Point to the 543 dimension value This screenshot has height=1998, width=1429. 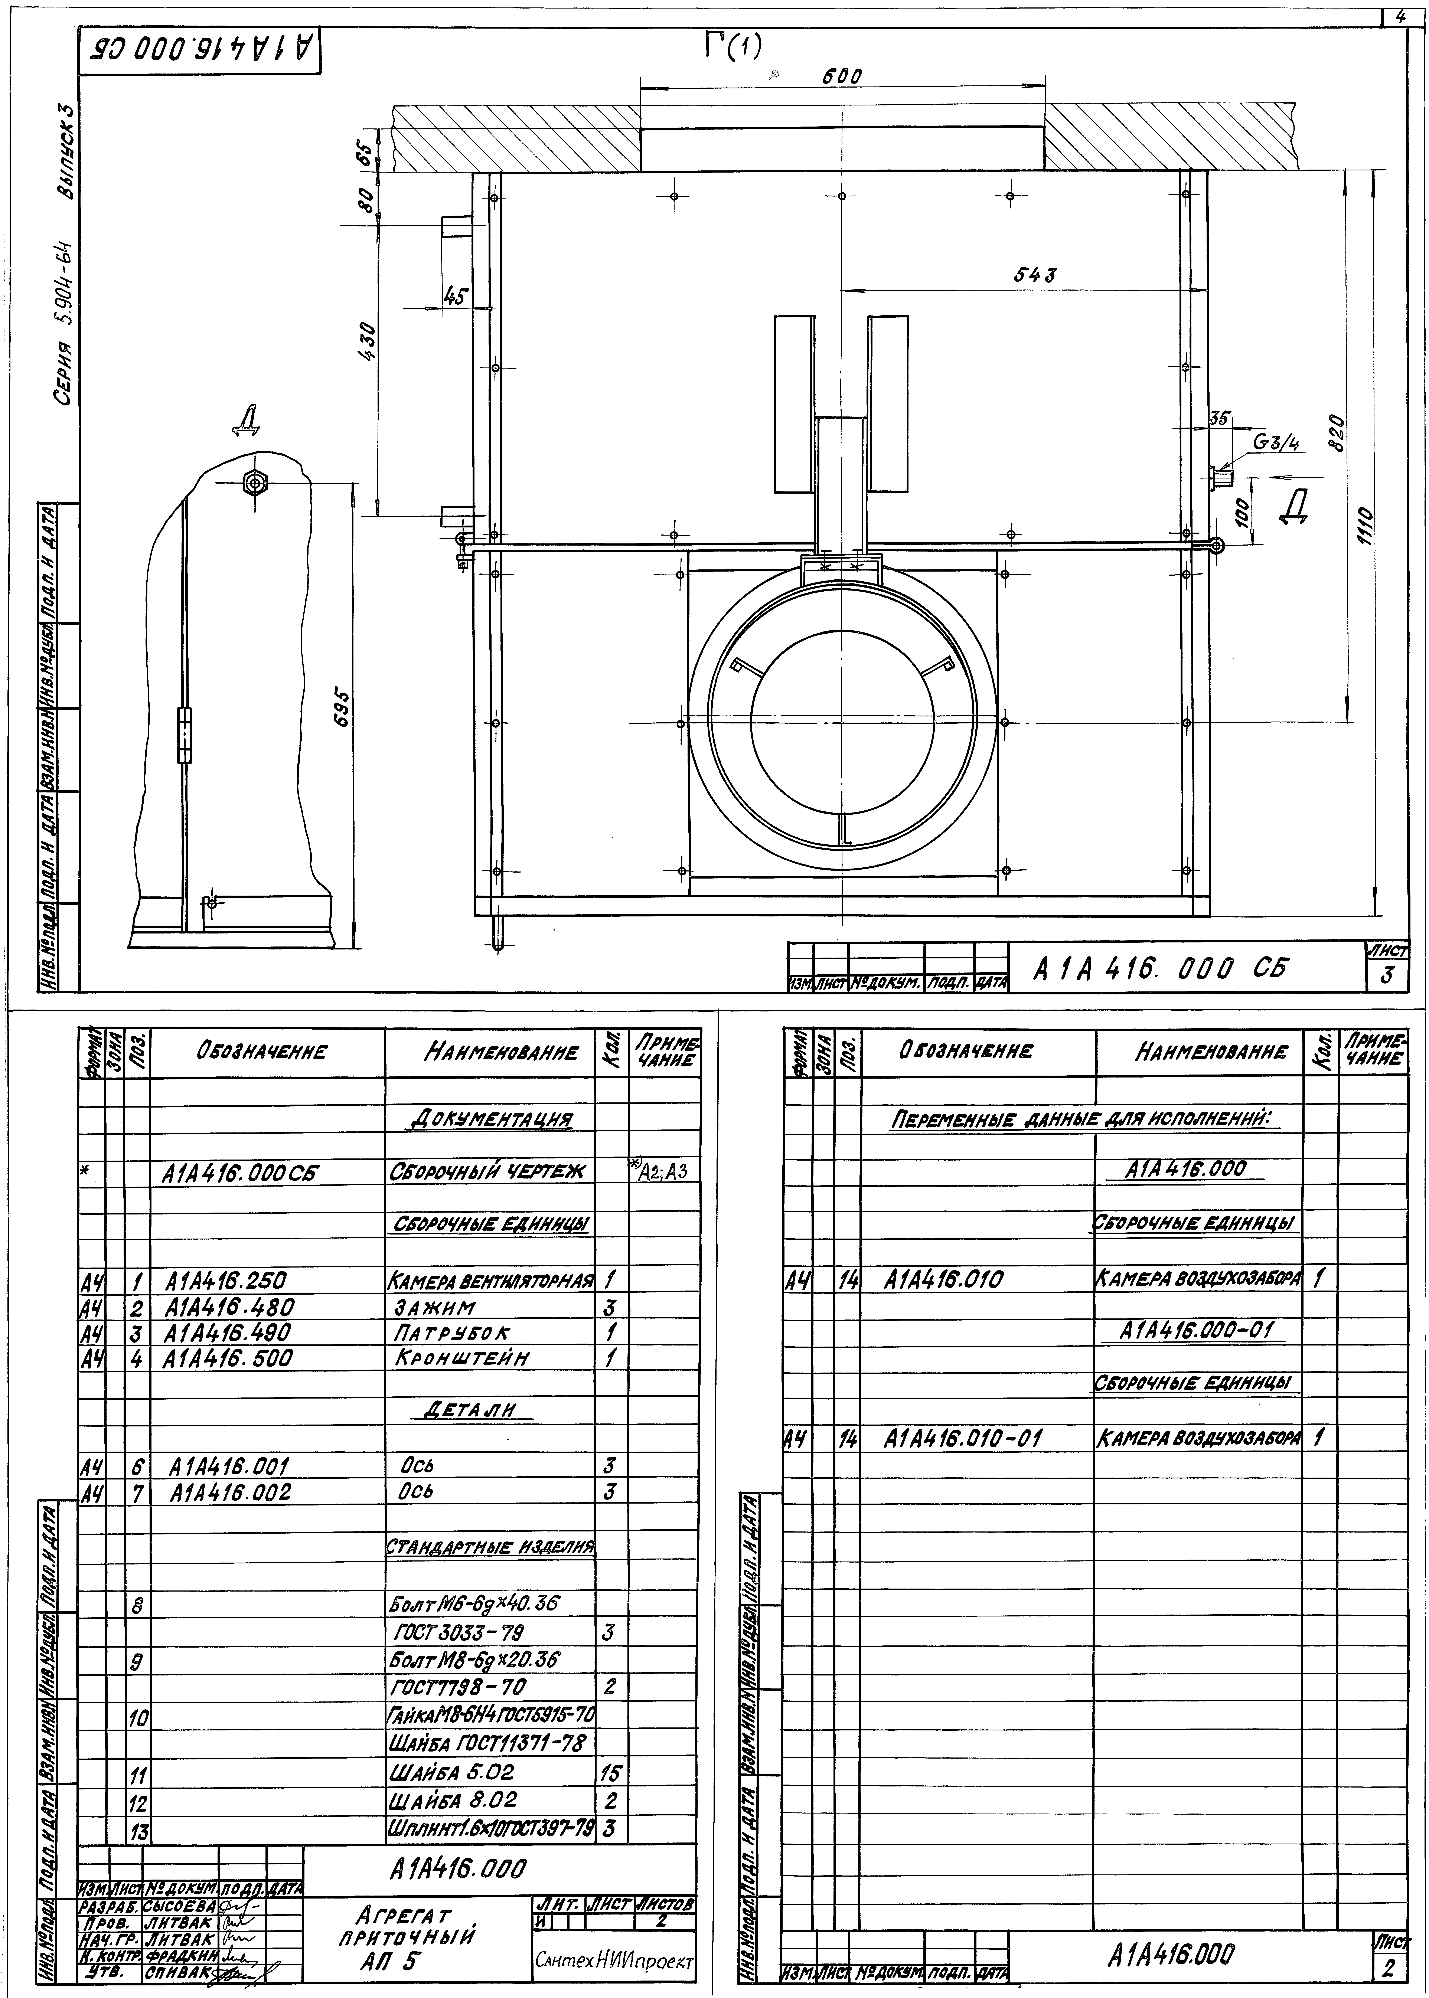tap(1036, 275)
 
